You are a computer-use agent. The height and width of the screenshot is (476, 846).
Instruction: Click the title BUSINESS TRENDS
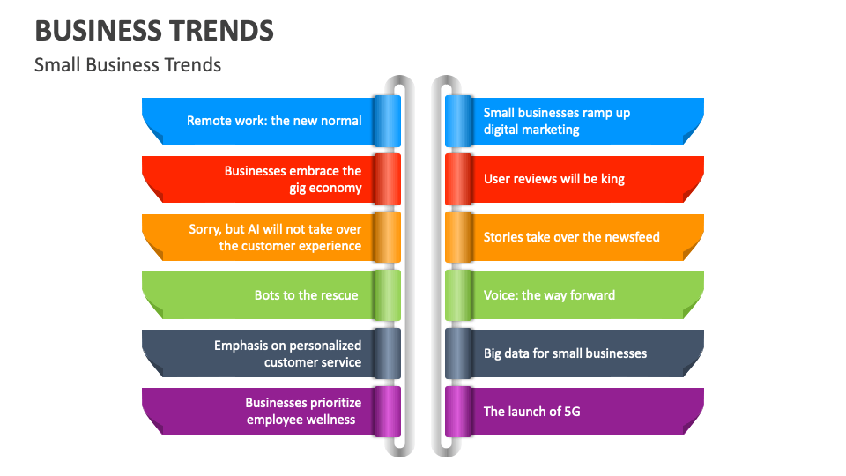pos(154,30)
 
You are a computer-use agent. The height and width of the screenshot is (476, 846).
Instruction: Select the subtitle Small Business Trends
pos(128,64)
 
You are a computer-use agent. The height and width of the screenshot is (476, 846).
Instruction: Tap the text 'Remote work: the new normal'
pos(274,121)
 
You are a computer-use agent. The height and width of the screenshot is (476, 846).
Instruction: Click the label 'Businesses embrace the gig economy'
pos(293,179)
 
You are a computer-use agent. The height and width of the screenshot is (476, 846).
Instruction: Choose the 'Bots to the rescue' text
pos(306,295)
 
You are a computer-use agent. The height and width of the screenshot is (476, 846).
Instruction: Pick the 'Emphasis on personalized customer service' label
pos(287,353)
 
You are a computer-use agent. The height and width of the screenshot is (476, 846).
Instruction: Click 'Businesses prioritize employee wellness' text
pos(303,411)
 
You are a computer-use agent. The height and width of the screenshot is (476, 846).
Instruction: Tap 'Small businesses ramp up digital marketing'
pos(556,121)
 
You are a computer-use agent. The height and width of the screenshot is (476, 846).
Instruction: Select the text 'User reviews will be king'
pos(553,179)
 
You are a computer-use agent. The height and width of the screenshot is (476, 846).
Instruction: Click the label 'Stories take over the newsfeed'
pos(571,237)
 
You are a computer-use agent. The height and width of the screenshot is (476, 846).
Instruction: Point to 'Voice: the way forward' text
pos(549,295)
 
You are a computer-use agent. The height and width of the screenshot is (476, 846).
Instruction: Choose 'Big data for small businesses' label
pos(565,353)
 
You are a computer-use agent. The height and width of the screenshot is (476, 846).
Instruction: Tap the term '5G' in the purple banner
pos(571,412)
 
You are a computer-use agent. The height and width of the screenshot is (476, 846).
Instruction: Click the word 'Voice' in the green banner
pos(500,295)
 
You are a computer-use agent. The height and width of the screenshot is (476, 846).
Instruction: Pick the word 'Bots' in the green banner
pos(267,295)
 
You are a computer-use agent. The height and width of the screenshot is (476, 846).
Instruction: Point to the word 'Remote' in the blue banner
pos(208,121)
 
